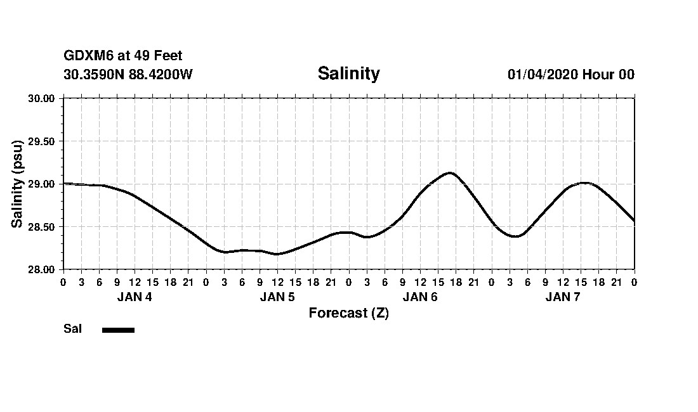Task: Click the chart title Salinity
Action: tap(348, 74)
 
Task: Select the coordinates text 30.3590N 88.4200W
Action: tap(128, 75)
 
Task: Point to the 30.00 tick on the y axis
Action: tap(42, 98)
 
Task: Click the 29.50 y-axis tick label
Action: tap(42, 141)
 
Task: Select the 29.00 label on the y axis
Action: tap(42, 184)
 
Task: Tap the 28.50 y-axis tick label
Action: tap(42, 227)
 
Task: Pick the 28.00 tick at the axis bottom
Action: tap(42, 269)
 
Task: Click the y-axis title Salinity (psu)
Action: tap(17, 184)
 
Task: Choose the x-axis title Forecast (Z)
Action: tap(348, 313)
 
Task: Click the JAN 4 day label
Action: tap(135, 297)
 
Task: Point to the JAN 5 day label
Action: tap(277, 297)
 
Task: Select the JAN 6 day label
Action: tap(420, 297)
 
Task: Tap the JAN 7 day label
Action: tap(563, 297)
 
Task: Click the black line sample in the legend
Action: tap(118, 330)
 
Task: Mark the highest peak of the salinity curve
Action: tap(449, 172)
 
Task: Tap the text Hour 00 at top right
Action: tap(609, 75)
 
